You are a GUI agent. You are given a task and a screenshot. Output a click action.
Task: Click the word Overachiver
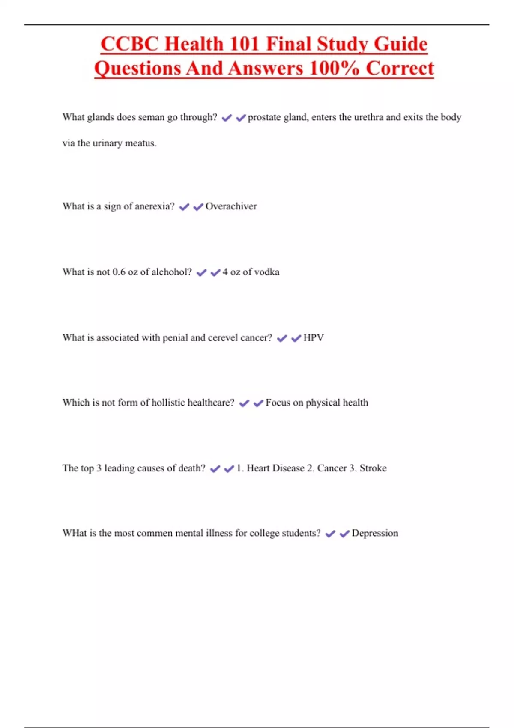tap(231, 206)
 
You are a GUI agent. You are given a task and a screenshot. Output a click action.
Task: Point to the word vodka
tap(267, 272)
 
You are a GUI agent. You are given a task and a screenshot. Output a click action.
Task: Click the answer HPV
tap(314, 338)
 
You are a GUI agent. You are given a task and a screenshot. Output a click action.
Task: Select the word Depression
tap(375, 533)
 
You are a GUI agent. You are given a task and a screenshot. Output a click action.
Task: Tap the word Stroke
tap(373, 468)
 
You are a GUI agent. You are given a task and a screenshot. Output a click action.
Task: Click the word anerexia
tap(155, 206)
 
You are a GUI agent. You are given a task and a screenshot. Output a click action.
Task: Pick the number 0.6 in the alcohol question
tap(119, 272)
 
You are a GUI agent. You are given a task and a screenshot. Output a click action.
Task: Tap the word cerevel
tap(222, 338)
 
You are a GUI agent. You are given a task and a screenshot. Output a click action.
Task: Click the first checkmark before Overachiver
tap(184, 207)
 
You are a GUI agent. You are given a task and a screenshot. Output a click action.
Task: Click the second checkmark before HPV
tap(296, 339)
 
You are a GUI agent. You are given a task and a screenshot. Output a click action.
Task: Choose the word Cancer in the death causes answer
tap(332, 468)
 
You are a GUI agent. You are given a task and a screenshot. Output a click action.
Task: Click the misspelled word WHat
tap(75, 533)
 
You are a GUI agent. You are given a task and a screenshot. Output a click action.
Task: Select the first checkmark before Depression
tap(330, 534)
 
